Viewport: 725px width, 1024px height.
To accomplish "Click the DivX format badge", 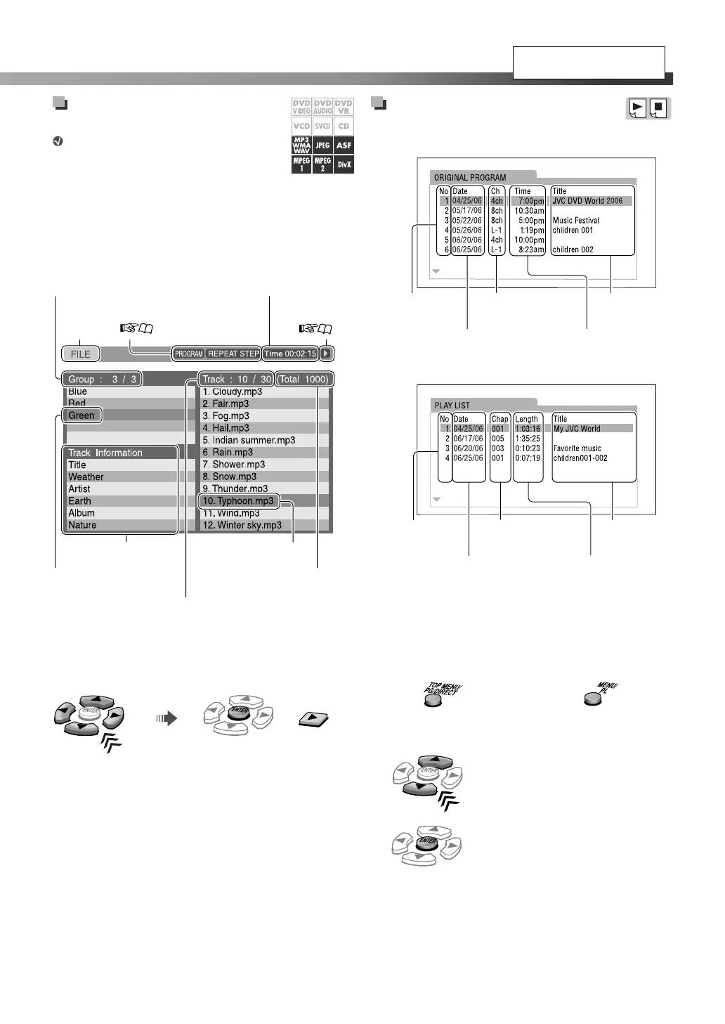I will (x=344, y=164).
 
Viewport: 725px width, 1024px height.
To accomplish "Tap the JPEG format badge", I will (x=322, y=145).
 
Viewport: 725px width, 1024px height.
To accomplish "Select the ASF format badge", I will (x=344, y=145).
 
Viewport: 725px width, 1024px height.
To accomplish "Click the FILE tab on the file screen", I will (x=80, y=354).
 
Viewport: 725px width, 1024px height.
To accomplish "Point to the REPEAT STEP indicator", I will (x=233, y=354).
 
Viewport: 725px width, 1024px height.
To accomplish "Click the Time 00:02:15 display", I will (x=290, y=354).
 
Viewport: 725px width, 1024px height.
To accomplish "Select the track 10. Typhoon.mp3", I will (x=238, y=501).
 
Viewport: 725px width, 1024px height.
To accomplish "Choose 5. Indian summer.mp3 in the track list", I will (x=249, y=440).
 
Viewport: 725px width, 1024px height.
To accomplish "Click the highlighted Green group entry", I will (x=81, y=415).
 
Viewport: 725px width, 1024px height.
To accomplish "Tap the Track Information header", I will (x=105, y=453).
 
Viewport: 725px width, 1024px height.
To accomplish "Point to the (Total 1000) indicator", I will (x=303, y=380).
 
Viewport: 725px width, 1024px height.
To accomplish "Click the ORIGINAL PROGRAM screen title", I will (x=470, y=178).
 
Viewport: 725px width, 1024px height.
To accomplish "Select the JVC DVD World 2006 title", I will (x=587, y=201).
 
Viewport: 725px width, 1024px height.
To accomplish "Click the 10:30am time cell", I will (x=529, y=211).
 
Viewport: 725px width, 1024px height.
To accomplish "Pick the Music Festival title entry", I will (x=575, y=221).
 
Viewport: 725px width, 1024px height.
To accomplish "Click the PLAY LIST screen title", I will (x=452, y=406).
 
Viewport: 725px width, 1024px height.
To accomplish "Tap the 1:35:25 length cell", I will (x=528, y=439).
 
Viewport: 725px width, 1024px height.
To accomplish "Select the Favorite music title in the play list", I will (x=577, y=448).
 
